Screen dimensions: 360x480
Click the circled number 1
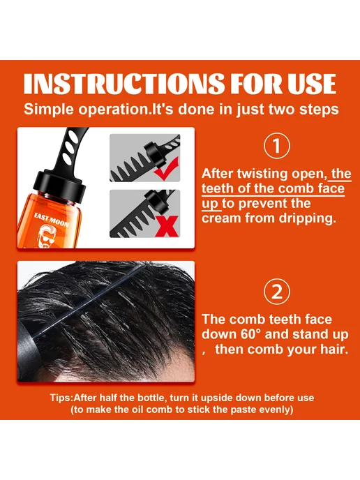277,146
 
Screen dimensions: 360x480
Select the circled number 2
277,292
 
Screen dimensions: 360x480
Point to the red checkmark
166,169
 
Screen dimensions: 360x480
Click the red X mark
167,226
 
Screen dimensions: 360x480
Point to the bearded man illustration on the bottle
50,237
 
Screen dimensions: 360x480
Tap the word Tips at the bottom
61,398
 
